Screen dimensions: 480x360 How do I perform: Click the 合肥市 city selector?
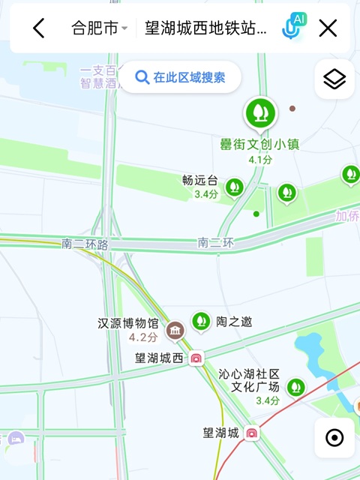pyautogui.click(x=99, y=28)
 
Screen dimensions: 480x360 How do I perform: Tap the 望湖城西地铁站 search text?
pyautogui.click(x=205, y=28)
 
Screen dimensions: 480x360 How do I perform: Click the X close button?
pyautogui.click(x=328, y=28)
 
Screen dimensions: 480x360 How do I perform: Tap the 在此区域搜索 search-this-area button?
pyautogui.click(x=180, y=76)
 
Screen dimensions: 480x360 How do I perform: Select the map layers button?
pyautogui.click(x=334, y=79)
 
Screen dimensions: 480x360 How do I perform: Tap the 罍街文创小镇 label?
pyautogui.click(x=259, y=144)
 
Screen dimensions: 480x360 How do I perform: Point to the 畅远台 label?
pyautogui.click(x=199, y=180)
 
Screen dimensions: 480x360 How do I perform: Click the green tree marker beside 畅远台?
pyautogui.click(x=235, y=186)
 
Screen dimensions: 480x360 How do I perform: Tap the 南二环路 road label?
pyautogui.click(x=85, y=244)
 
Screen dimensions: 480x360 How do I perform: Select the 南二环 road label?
pyautogui.click(x=216, y=243)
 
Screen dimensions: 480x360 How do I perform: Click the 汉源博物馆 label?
pyautogui.click(x=129, y=324)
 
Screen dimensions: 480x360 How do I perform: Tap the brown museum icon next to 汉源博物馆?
pyautogui.click(x=175, y=329)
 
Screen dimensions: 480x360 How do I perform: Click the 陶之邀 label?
pyautogui.click(x=234, y=322)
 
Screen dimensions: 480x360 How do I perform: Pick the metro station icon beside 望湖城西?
pyautogui.click(x=196, y=358)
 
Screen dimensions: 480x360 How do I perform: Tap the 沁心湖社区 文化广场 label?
pyautogui.click(x=249, y=380)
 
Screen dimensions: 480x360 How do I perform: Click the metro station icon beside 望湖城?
pyautogui.click(x=252, y=433)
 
